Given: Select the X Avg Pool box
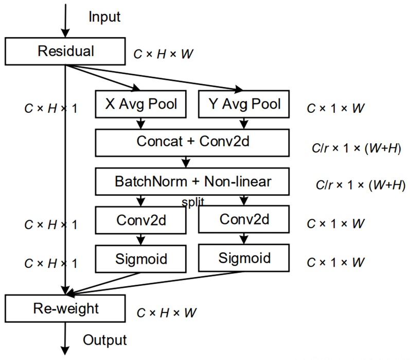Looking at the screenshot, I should click(x=141, y=105).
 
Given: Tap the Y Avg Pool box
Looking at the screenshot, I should click(x=244, y=105).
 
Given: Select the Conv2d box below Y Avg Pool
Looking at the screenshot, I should click(x=244, y=220).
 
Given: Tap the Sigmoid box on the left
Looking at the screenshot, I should click(x=141, y=258).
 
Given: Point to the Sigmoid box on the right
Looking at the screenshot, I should click(x=244, y=258).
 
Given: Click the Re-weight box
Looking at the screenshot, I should click(x=66, y=309).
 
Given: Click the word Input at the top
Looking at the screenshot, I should click(x=104, y=16).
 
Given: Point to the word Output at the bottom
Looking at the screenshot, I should click(x=105, y=340).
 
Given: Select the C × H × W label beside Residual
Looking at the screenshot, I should click(x=164, y=54).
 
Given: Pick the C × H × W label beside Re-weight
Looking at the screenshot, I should click(x=167, y=313).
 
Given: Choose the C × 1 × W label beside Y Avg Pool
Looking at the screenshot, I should click(x=335, y=109).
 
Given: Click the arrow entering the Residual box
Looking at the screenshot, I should click(x=66, y=21).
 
